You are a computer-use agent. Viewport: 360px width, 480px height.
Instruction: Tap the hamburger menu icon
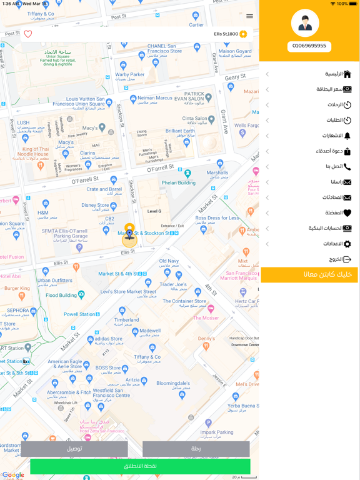(x=249, y=16)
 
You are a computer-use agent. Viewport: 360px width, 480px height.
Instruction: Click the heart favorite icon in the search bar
(x=28, y=34)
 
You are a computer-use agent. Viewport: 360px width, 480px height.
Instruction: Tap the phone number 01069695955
(x=309, y=46)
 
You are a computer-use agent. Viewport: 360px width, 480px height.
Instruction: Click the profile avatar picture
(x=305, y=24)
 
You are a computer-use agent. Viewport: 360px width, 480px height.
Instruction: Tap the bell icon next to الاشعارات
(x=347, y=136)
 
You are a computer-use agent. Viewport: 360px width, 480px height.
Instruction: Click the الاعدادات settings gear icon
(x=347, y=244)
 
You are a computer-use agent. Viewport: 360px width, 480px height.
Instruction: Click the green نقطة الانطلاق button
(x=140, y=466)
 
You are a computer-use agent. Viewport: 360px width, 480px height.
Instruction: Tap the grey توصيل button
(x=74, y=449)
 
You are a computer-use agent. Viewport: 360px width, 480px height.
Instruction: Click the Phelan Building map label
(x=179, y=183)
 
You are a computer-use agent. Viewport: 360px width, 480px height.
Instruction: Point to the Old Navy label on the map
(x=169, y=261)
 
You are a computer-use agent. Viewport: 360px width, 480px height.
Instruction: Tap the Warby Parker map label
(x=129, y=75)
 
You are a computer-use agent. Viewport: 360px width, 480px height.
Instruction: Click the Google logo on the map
(x=12, y=475)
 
